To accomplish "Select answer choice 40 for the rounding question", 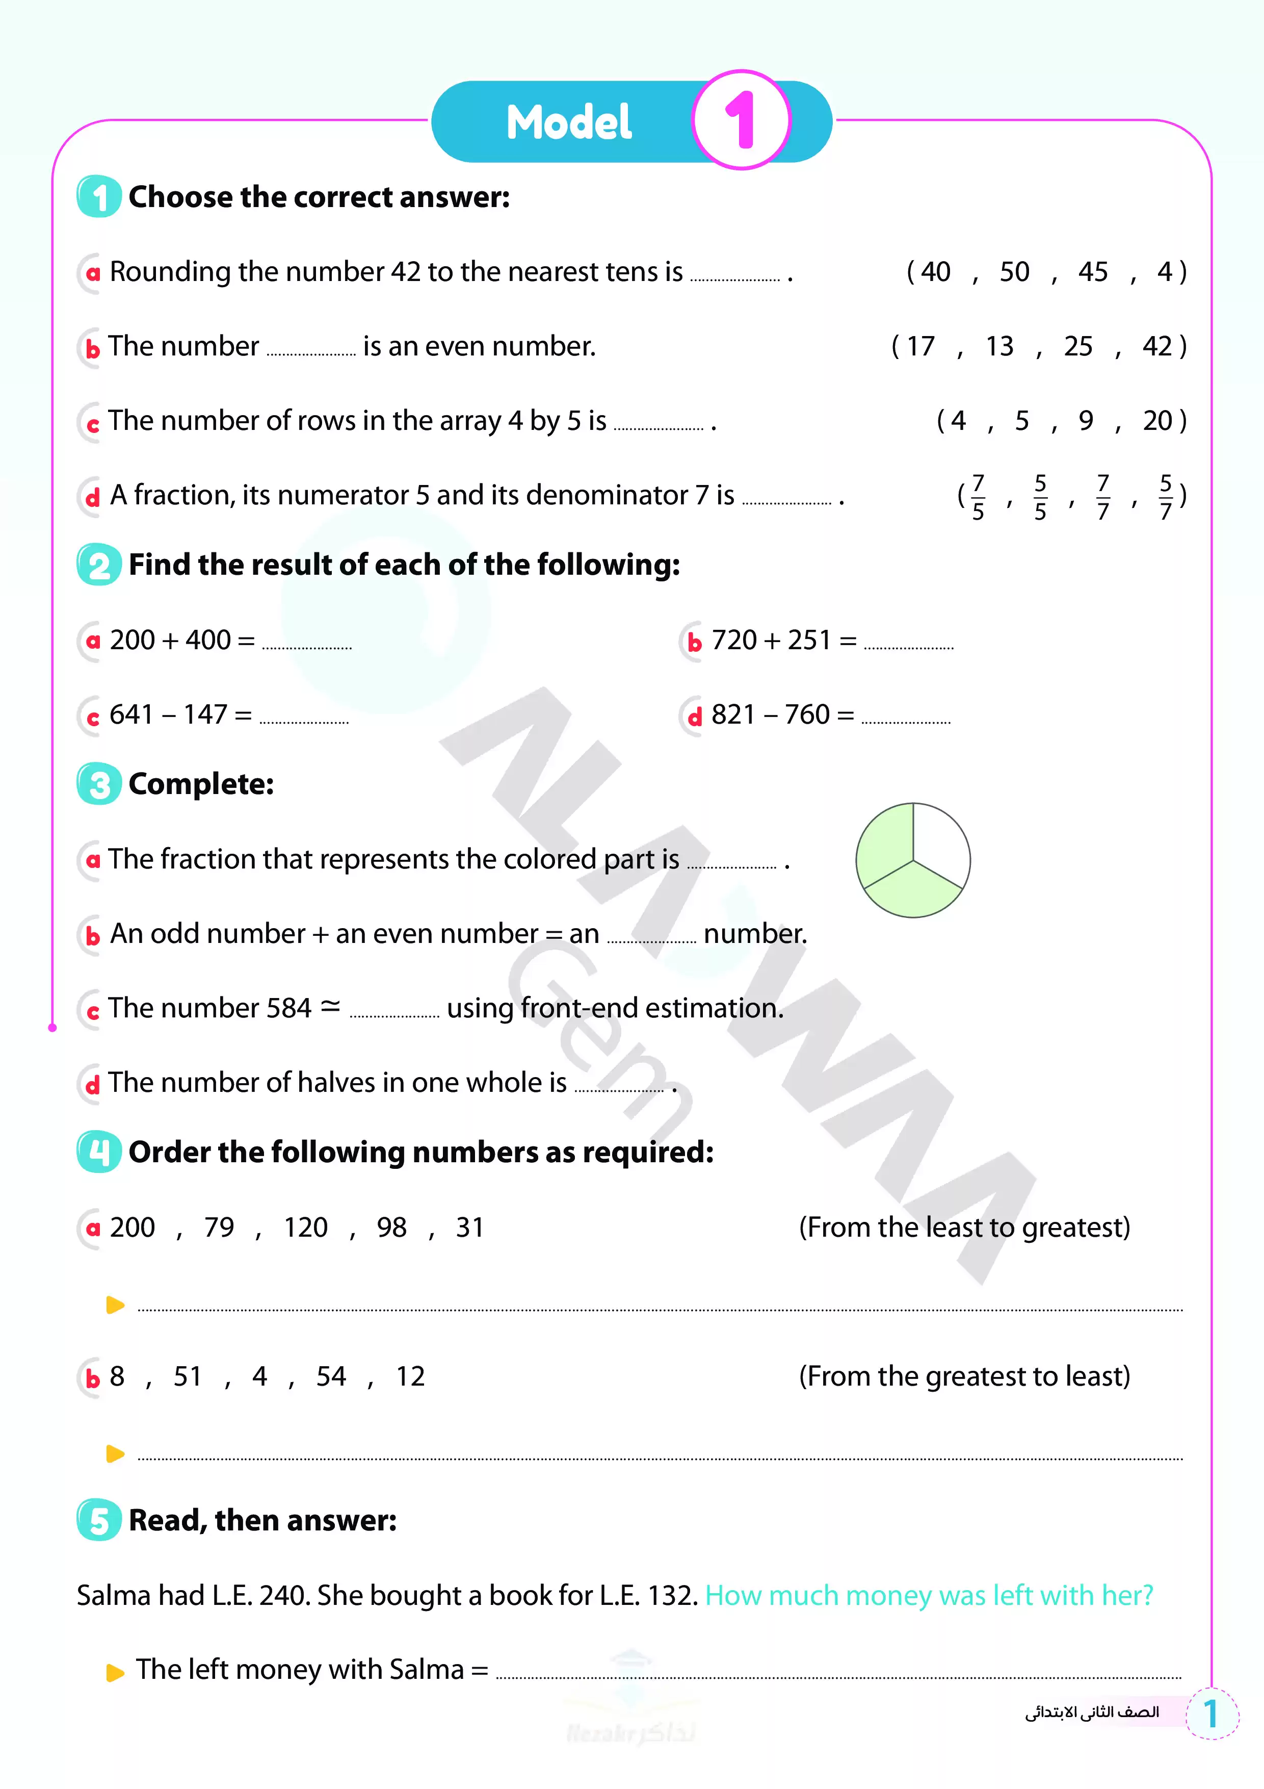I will coord(935,272).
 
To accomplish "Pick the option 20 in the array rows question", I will coord(1157,421).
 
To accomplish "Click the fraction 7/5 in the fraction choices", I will coord(978,496).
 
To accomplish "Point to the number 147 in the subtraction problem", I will coord(205,714).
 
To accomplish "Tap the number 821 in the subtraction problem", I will coord(733,714).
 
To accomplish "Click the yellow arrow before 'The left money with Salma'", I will coord(115,1672).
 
